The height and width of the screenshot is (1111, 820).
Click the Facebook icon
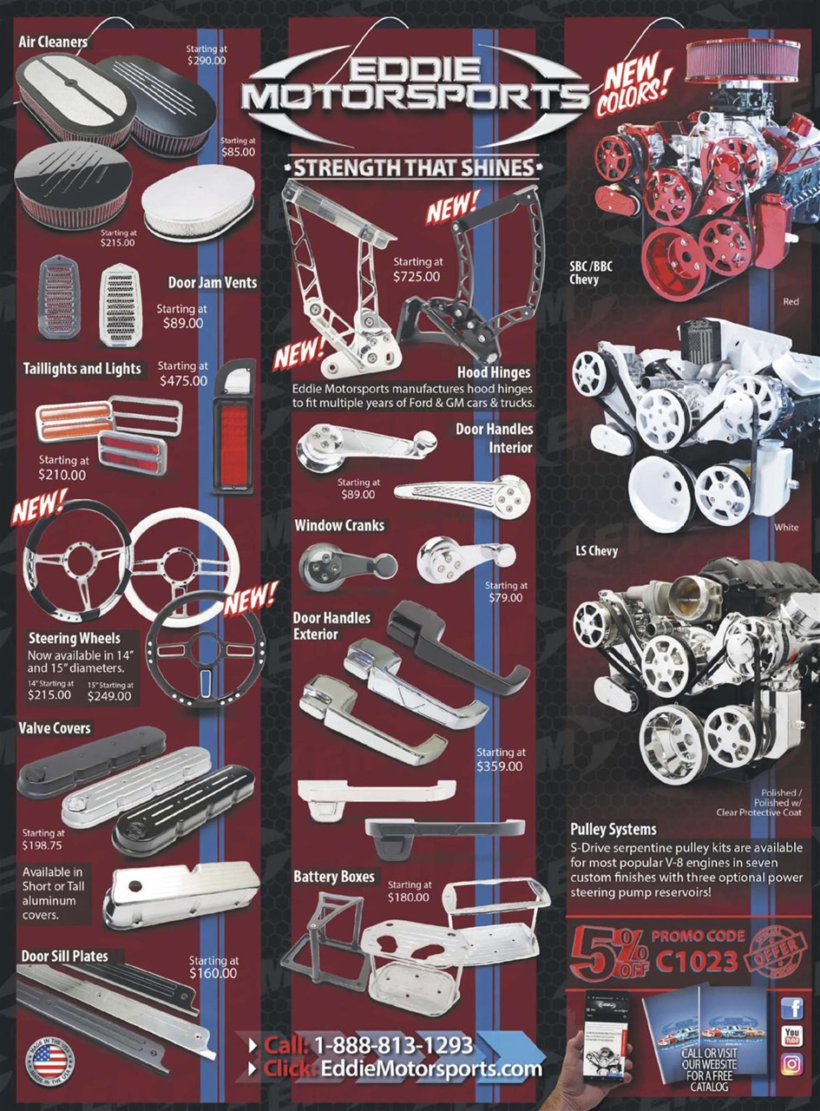coord(791,1008)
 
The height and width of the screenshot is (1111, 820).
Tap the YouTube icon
coord(791,1035)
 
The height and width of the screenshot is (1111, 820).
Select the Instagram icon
coord(791,1063)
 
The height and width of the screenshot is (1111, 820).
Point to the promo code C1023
coord(697,960)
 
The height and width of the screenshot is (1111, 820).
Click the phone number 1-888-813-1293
coord(393,1044)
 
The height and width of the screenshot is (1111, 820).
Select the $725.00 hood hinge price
coord(416,277)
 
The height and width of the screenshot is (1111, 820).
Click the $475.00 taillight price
coord(183,380)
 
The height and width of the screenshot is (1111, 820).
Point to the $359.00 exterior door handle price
coord(500,766)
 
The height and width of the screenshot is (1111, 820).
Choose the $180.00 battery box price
coord(410,897)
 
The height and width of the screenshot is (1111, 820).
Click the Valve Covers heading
coord(55,727)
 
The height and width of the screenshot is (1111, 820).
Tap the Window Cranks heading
coord(338,525)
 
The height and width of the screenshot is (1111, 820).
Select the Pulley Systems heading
coord(613,829)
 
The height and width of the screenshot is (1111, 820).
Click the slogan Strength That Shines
coord(411,167)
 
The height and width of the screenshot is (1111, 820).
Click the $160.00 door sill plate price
coord(213,973)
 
